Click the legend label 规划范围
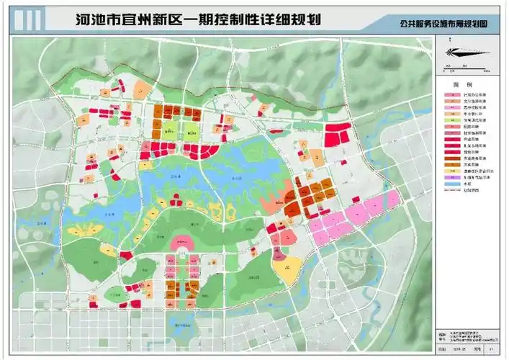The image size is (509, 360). pos(468,192)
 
